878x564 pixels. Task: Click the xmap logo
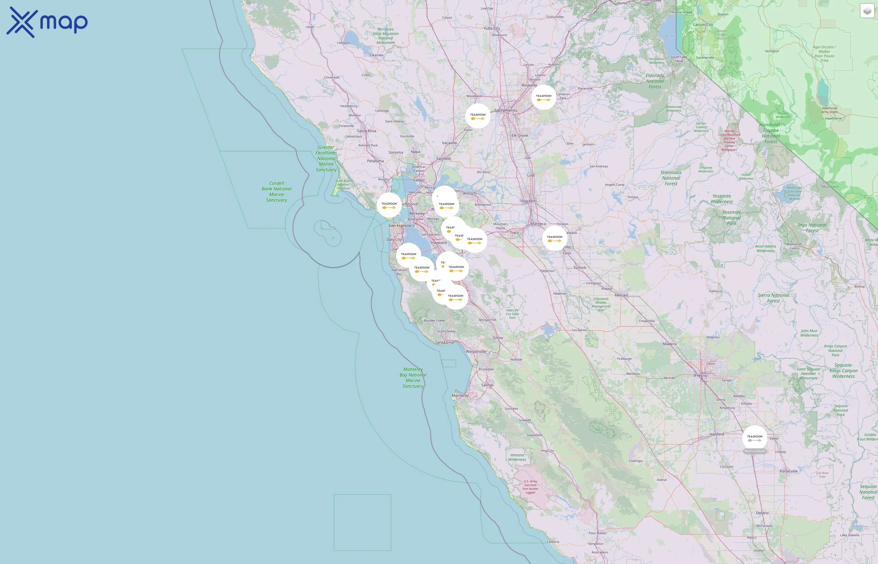coord(47,22)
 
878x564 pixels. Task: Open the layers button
coord(867,11)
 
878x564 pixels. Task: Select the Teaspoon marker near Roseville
coord(543,97)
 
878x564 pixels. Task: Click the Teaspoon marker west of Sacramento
coord(478,116)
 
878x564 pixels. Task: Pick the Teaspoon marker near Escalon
coord(554,238)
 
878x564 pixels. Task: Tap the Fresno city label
coord(701,376)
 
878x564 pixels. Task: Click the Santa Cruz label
coord(445,342)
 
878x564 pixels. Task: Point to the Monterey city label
coord(460,395)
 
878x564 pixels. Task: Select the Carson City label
coord(702,24)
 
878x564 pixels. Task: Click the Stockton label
coord(529,201)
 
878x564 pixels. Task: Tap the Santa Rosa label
coord(367,131)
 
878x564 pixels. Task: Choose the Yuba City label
coord(491,28)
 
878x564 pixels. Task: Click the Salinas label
coord(487,385)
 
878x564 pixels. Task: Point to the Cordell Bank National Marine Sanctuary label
coord(277,191)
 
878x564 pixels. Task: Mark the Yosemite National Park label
coord(732,217)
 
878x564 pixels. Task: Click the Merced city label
coord(621,295)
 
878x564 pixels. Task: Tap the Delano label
coord(762,513)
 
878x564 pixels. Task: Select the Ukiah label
coord(310,27)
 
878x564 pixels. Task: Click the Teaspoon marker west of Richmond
coord(389,205)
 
